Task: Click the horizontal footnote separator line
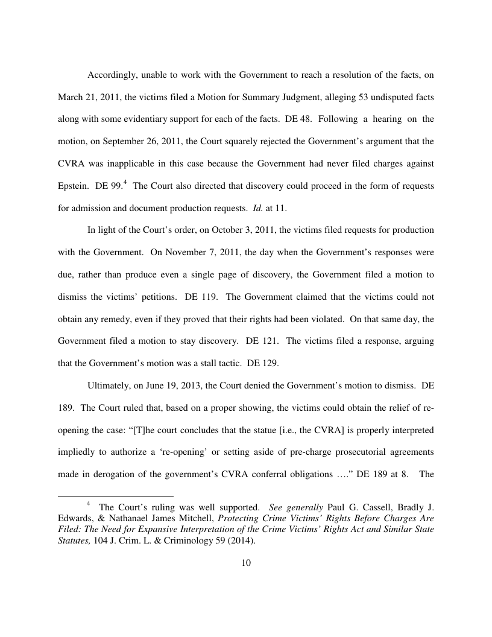(x=115, y=496)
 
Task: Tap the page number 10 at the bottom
(x=245, y=563)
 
